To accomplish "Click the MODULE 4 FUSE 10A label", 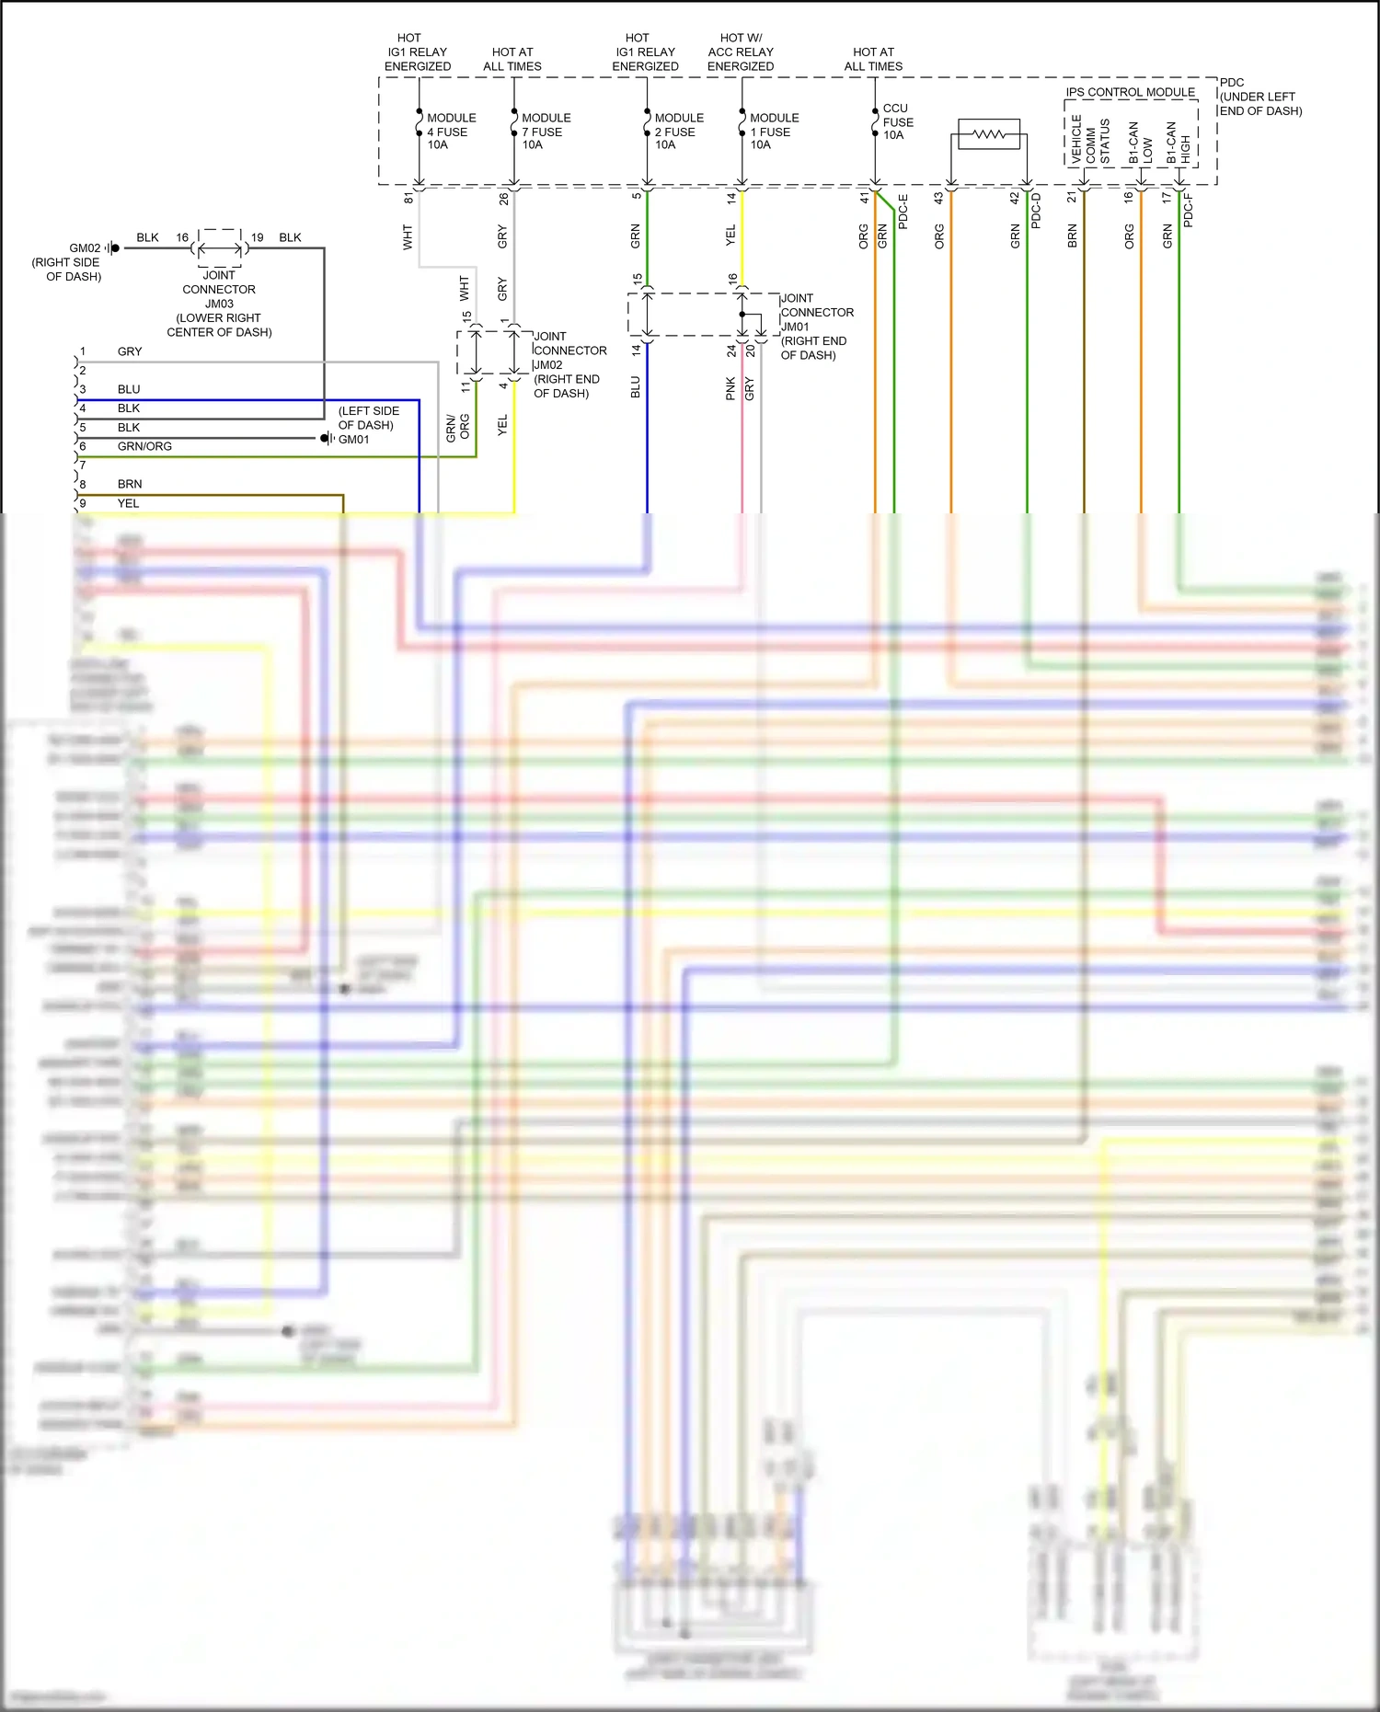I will (x=451, y=132).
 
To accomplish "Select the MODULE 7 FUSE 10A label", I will (x=546, y=132).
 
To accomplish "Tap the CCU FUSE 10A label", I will (x=897, y=121).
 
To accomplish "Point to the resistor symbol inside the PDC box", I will (x=989, y=135).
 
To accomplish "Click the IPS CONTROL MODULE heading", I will (x=1130, y=92).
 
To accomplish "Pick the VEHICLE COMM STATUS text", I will (x=1090, y=141).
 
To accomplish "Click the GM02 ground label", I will (x=85, y=248).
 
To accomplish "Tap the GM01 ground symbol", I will (x=327, y=439).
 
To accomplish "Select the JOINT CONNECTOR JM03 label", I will (x=219, y=304).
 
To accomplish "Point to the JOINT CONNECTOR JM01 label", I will (x=815, y=327).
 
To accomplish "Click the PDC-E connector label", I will (x=903, y=212).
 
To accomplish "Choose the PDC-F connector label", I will (x=1188, y=210).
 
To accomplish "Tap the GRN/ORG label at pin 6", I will (x=144, y=446).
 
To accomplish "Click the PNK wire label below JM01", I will (x=730, y=388).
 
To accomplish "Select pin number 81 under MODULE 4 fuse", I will (x=408, y=198).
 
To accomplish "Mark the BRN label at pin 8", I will (x=130, y=484).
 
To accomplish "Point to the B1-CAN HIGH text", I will (x=1178, y=143).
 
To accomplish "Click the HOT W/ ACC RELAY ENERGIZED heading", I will (x=741, y=52).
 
